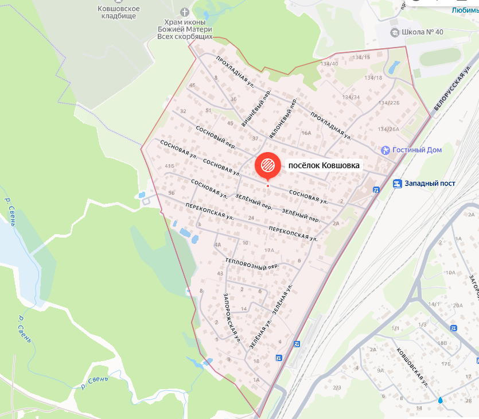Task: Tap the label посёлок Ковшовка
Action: (x=324, y=165)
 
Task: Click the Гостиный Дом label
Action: (x=418, y=150)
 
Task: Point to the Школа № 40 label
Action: (x=423, y=32)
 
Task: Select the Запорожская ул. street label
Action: (x=231, y=317)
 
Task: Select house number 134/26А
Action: (x=388, y=129)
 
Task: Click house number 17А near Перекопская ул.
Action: (x=269, y=250)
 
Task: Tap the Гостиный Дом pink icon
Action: (x=385, y=150)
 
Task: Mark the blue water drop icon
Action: (x=440, y=399)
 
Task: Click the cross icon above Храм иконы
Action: (x=184, y=11)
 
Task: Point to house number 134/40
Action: (x=330, y=63)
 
